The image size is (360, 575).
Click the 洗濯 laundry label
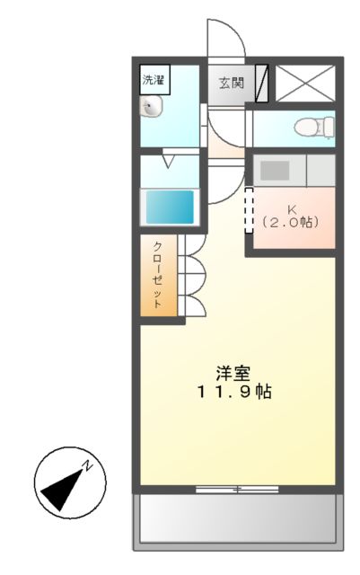click(x=154, y=79)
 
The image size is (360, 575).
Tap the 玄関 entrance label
click(x=231, y=84)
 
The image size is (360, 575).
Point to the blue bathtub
click(x=171, y=208)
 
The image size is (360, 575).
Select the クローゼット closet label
click(x=157, y=275)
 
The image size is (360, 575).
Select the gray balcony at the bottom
click(x=238, y=520)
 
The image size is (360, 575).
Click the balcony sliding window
click(x=238, y=490)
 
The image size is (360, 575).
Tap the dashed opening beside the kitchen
click(x=249, y=210)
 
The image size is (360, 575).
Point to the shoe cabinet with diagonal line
click(x=262, y=84)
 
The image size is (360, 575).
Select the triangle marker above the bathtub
click(x=170, y=162)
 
